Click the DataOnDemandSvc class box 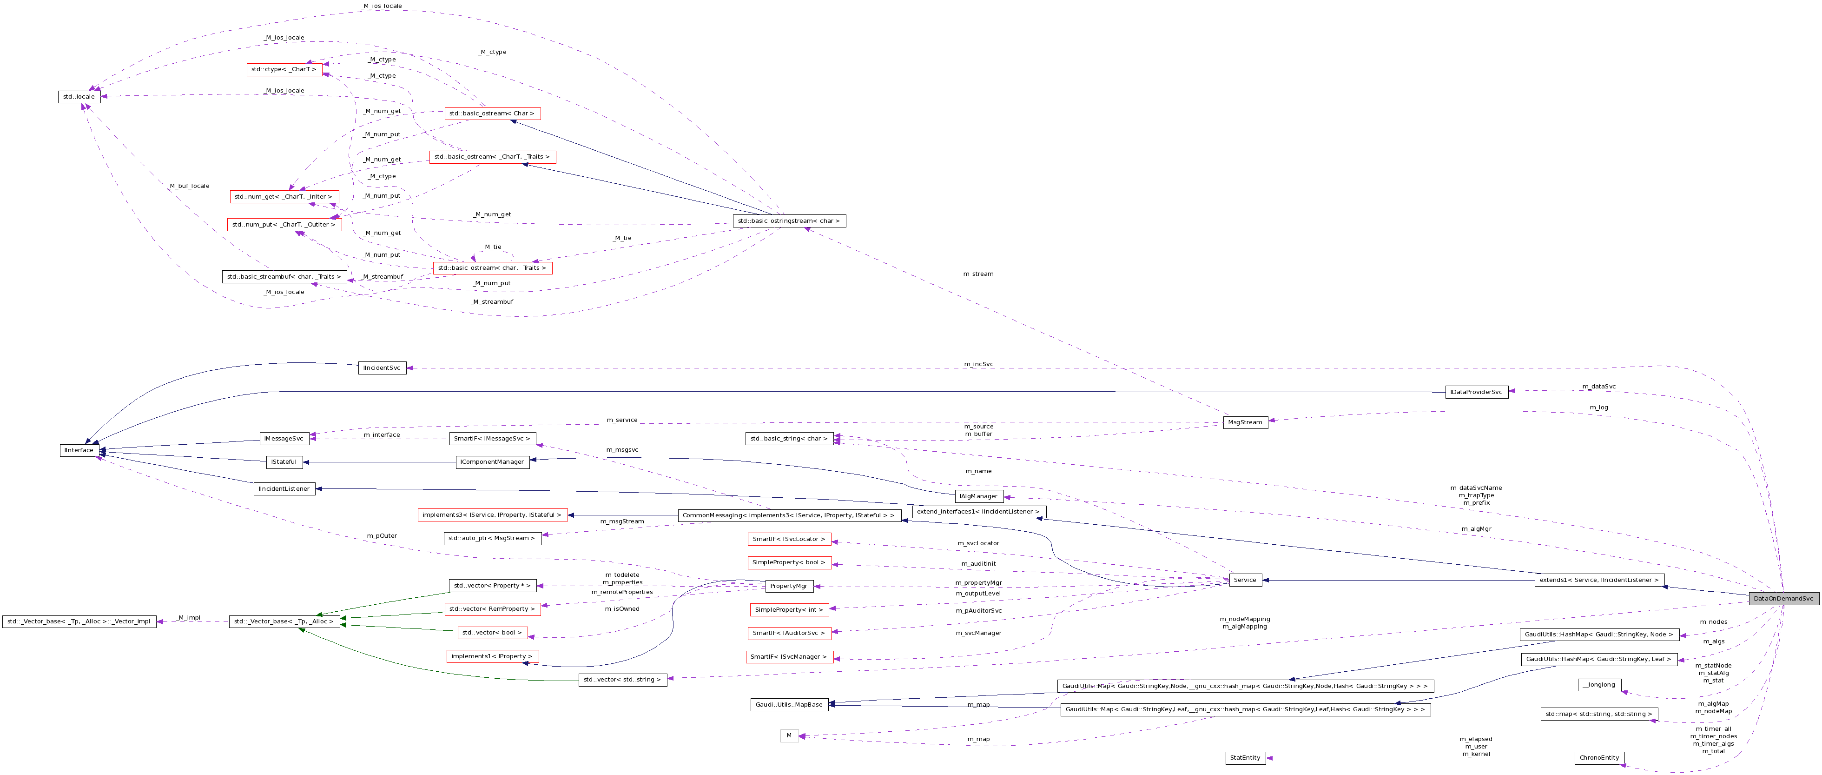(1783, 598)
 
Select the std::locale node (79, 96)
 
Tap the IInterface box (79, 450)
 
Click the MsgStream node (1245, 422)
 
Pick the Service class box (1245, 580)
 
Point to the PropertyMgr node (789, 586)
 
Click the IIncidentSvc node (382, 368)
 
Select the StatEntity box (1245, 757)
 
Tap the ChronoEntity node (1599, 757)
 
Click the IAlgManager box (978, 496)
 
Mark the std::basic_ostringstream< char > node (789, 221)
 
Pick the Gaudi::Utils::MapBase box (789, 704)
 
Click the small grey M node (789, 735)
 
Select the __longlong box (1599, 684)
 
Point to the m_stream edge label (978, 274)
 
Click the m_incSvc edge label (978, 364)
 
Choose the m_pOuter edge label (382, 536)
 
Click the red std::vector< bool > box (492, 633)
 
